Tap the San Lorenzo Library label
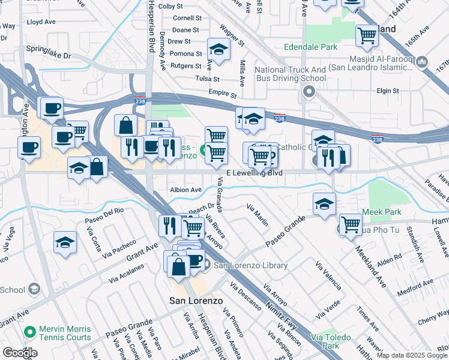pyautogui.click(x=250, y=265)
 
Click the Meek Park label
pyautogui.click(x=384, y=212)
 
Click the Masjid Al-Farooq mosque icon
pyautogui.click(x=422, y=62)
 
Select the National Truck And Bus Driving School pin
pyautogui.click(x=309, y=92)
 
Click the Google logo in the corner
pyautogui.click(x=20, y=352)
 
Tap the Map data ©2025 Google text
pyautogui.click(x=412, y=355)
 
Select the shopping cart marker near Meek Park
pyautogui.click(x=351, y=225)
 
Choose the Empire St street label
pyautogui.click(x=223, y=94)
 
